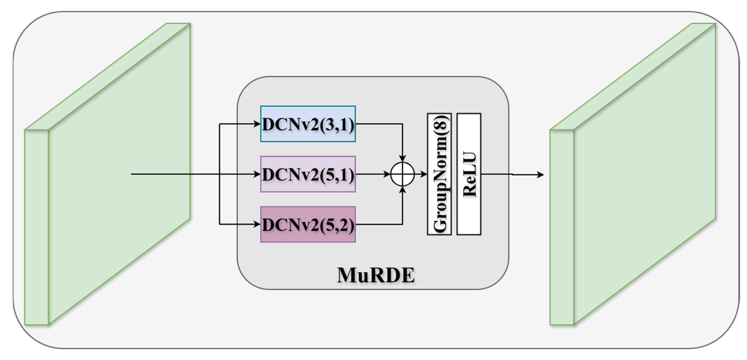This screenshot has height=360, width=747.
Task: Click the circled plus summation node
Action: [402, 174]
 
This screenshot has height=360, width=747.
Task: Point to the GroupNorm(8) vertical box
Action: [439, 174]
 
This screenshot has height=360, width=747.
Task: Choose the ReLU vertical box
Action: [469, 174]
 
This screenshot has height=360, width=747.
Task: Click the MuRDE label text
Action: [376, 275]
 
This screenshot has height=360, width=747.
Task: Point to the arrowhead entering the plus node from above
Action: [402, 158]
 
